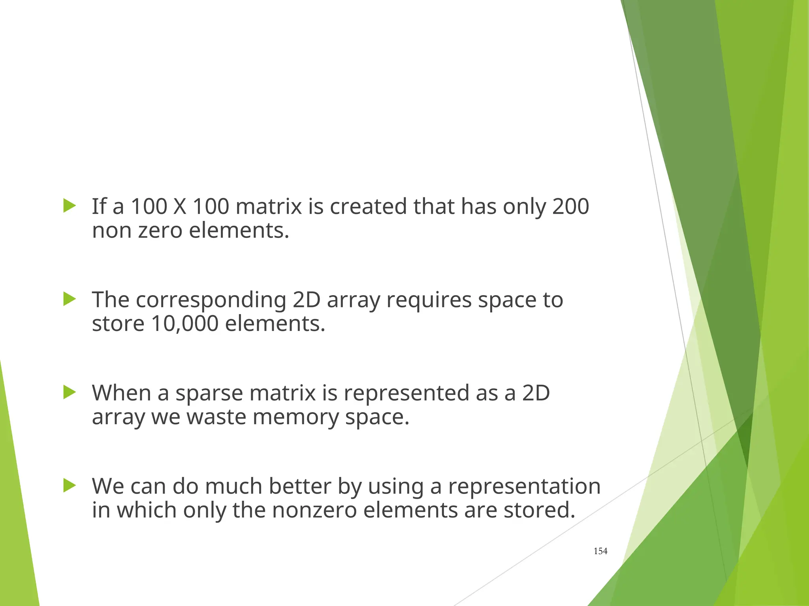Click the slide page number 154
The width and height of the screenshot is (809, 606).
point(600,551)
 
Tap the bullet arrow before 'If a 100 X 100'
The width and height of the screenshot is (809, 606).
point(69,206)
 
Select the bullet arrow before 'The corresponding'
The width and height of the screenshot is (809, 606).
point(69,299)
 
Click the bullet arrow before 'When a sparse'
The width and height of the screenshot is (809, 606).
point(69,392)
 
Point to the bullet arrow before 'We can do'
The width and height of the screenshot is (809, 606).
point(69,486)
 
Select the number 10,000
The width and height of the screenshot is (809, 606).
point(184,324)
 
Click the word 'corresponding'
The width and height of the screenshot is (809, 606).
point(211,300)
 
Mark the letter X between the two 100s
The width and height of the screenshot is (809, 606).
point(180,206)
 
